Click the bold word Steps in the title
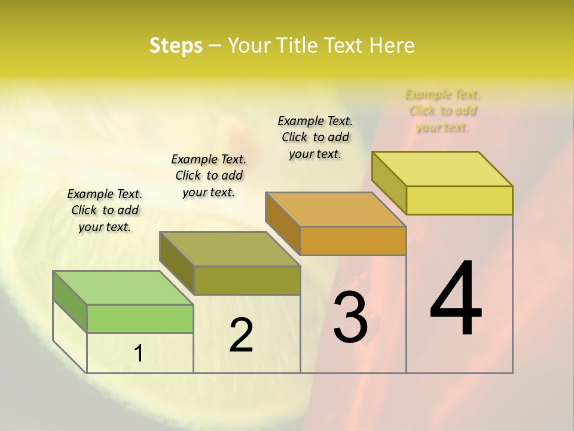click(176, 45)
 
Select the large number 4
click(456, 299)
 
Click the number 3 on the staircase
click(350, 317)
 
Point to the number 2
click(241, 335)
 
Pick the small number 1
click(139, 354)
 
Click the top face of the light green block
click(123, 288)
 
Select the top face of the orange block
click(335, 210)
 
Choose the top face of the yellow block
click(442, 169)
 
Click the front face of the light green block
click(140, 318)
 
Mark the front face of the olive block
click(247, 280)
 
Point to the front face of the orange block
click(353, 241)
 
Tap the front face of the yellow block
click(459, 200)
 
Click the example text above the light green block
click(105, 210)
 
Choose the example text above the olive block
click(209, 175)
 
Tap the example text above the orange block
click(315, 137)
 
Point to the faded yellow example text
click(442, 111)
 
